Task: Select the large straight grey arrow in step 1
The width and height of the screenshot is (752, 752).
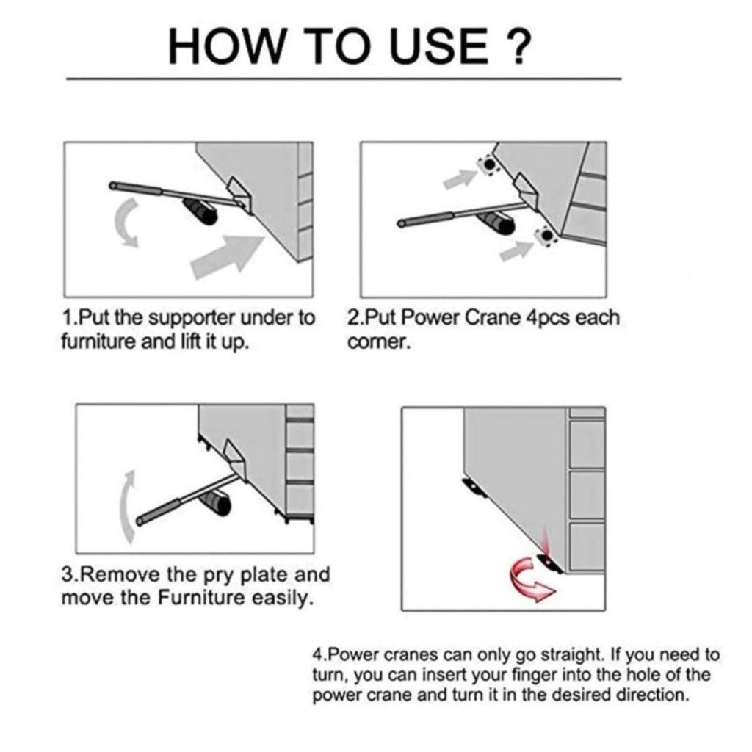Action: point(228,256)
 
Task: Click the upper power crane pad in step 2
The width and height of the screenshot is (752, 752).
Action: point(489,165)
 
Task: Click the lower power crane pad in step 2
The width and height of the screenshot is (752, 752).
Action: point(546,236)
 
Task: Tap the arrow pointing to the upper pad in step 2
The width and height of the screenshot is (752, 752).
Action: point(460,179)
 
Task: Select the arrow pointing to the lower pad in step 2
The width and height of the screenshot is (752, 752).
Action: point(517,251)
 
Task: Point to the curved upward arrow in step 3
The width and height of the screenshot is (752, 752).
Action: point(126,507)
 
